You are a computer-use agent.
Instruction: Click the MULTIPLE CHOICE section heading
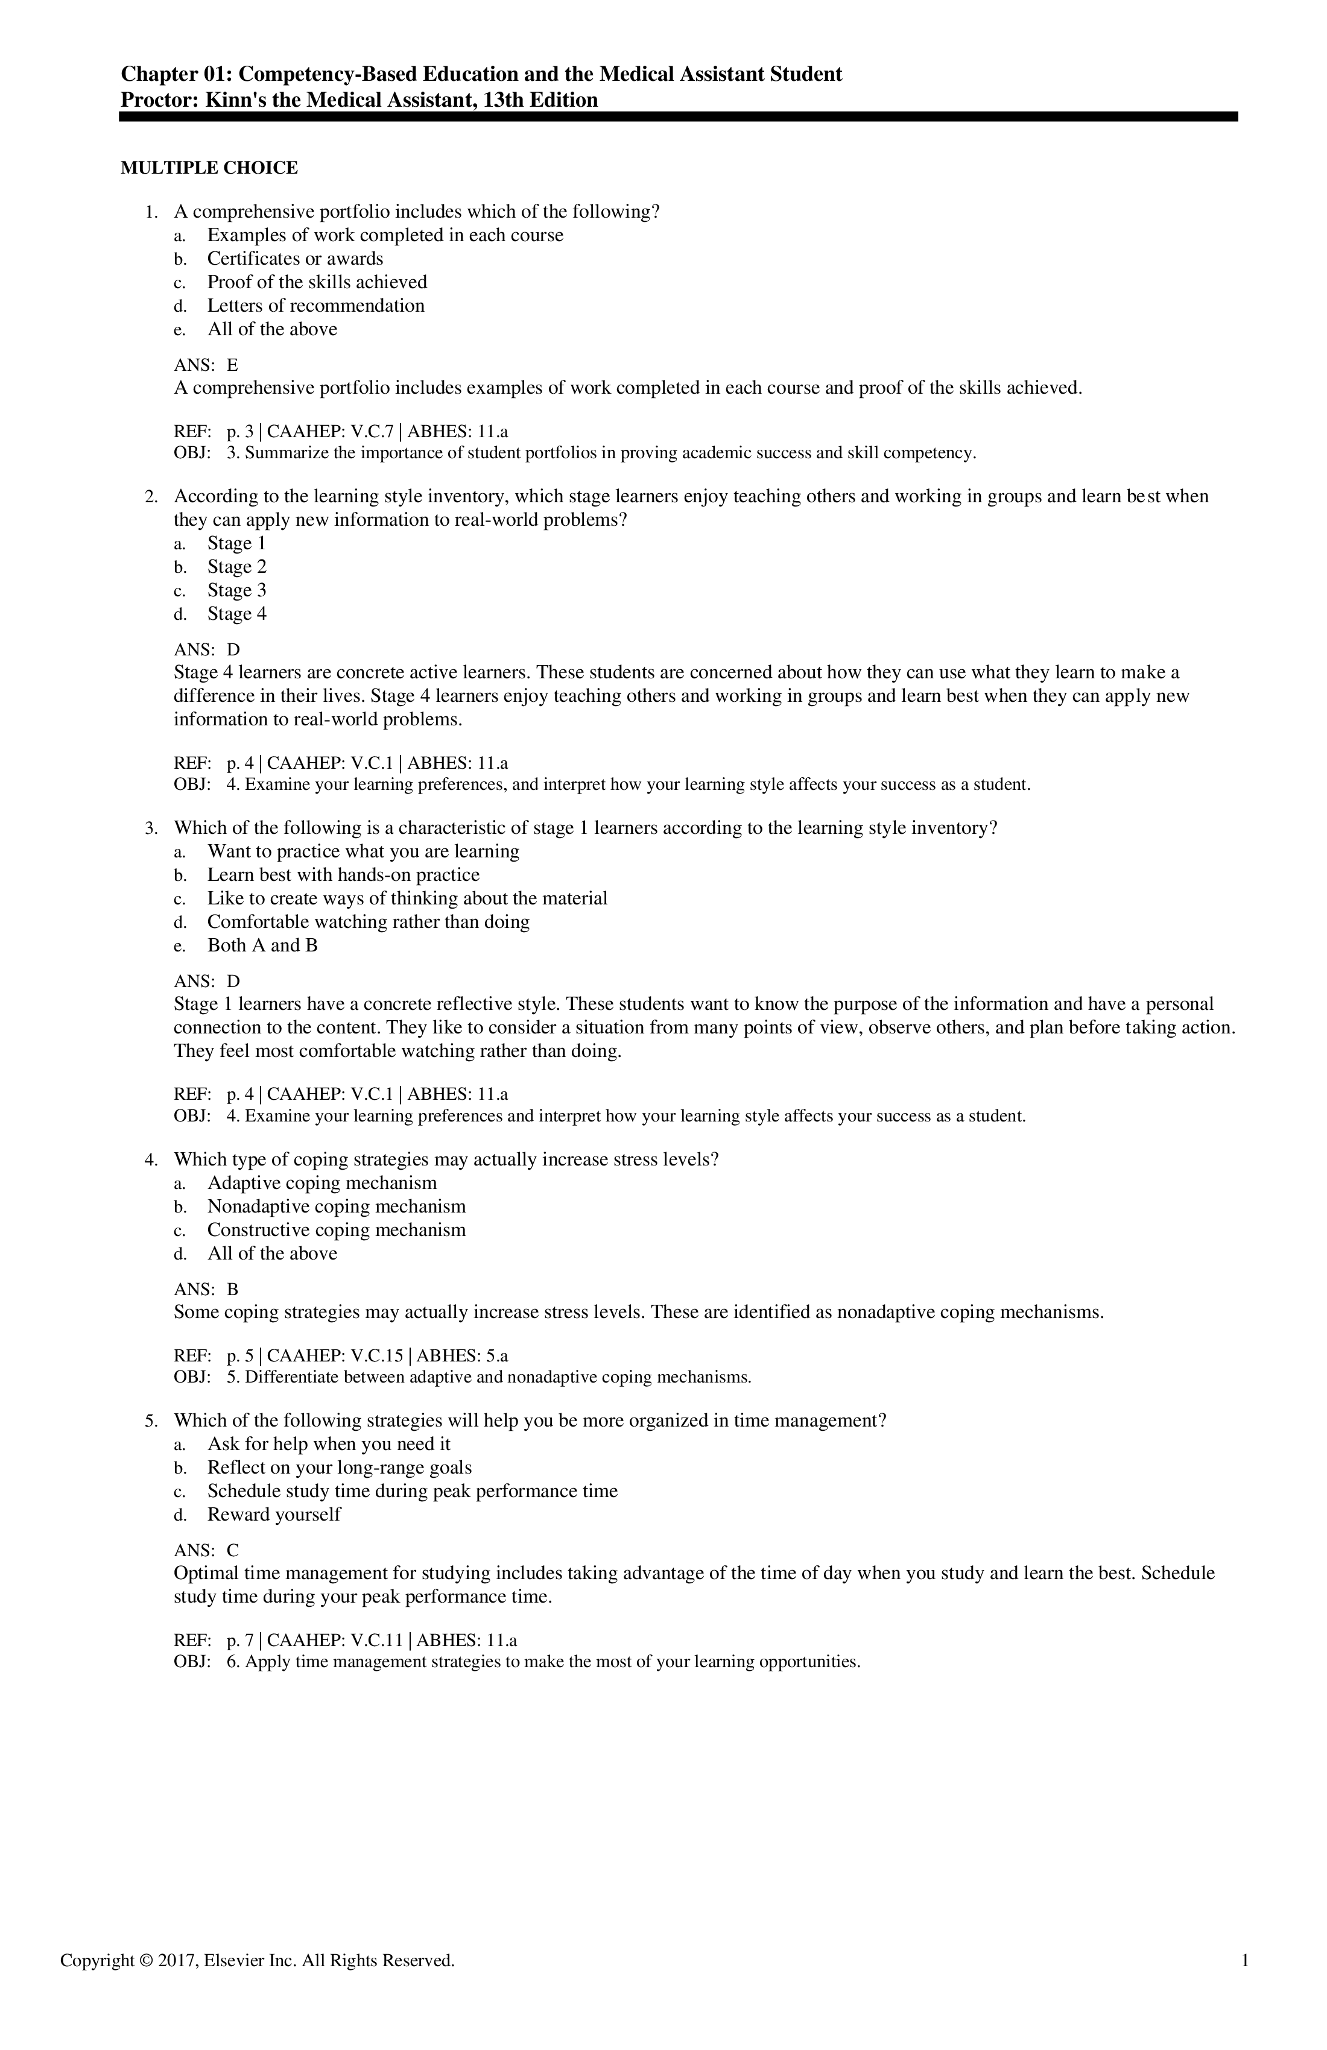(x=209, y=168)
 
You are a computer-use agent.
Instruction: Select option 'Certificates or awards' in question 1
(x=295, y=259)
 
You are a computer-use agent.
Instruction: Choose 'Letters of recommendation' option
(x=315, y=306)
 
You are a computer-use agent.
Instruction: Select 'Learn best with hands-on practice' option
(x=343, y=875)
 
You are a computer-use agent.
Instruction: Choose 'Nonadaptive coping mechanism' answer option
(x=336, y=1206)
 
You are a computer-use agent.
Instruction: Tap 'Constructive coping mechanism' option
(x=336, y=1230)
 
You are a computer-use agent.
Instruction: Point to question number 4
(x=151, y=1160)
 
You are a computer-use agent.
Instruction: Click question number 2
(x=151, y=497)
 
